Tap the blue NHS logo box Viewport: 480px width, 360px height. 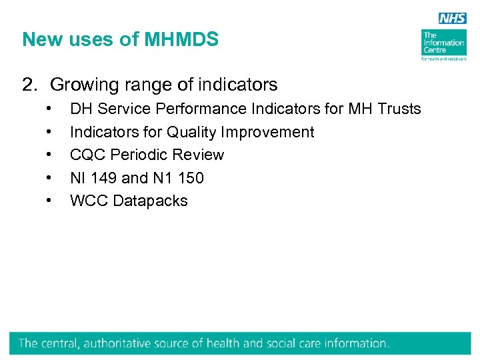pos(451,19)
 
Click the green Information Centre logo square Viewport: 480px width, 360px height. pos(443,42)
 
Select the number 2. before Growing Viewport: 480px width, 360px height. pos(29,85)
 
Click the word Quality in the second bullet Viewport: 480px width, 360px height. pos(191,132)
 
